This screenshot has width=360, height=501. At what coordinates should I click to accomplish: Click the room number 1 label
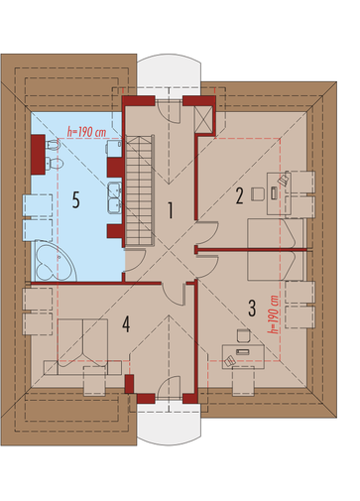[x=171, y=210]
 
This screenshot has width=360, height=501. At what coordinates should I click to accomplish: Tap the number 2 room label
[x=240, y=195]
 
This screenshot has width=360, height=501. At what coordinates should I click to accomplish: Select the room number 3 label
[x=252, y=309]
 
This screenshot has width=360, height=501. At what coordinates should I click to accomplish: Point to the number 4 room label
[x=126, y=323]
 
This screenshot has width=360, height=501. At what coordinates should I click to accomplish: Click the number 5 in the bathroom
[x=76, y=200]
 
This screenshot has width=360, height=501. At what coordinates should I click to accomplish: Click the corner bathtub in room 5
[x=55, y=261]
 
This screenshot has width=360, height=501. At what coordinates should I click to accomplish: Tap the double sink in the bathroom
[x=115, y=196]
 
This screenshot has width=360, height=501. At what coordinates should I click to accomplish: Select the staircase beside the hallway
[x=140, y=190]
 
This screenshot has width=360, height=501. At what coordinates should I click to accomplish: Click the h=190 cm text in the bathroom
[x=86, y=132]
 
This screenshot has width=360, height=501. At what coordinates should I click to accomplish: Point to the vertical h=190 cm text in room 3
[x=274, y=314]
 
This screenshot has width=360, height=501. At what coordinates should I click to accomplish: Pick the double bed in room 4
[x=82, y=346]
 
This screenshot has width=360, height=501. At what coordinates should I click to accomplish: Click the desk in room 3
[x=243, y=356]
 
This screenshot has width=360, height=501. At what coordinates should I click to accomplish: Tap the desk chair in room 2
[x=258, y=193]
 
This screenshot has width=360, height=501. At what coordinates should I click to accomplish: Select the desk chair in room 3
[x=244, y=335]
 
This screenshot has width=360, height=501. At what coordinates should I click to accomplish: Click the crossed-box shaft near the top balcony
[x=203, y=120]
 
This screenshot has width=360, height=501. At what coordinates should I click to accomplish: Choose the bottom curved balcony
[x=169, y=425]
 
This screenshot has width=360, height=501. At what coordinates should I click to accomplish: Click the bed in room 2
[x=276, y=233]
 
